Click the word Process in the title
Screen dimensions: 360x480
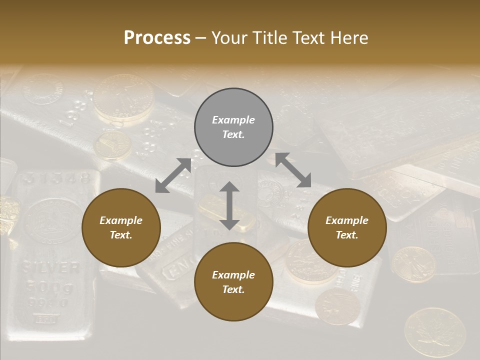[157, 37]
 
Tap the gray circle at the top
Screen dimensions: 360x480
[233, 127]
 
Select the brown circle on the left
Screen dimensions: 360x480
[121, 228]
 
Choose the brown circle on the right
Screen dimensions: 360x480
[347, 228]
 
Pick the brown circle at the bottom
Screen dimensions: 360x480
[233, 282]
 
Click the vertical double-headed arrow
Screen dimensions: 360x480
[229, 206]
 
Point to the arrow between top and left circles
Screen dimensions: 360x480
[173, 175]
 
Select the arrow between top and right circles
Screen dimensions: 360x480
[293, 170]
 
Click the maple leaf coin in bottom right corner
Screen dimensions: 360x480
[434, 332]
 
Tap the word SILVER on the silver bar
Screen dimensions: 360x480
[50, 268]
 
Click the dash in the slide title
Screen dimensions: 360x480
[201, 38]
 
